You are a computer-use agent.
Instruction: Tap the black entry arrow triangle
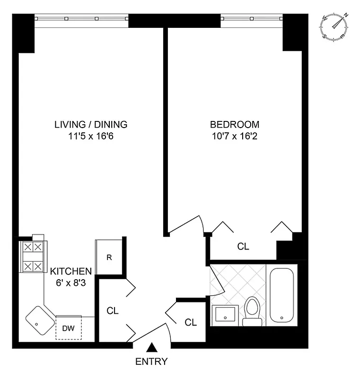[x=151, y=348]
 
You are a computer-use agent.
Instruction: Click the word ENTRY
[x=151, y=362]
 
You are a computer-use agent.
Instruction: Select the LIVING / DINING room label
[x=91, y=125]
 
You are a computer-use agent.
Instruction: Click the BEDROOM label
[x=235, y=125]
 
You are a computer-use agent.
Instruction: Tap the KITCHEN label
[x=71, y=271]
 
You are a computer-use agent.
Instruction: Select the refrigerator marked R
[x=109, y=258]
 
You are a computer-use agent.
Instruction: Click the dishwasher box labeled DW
[x=69, y=327]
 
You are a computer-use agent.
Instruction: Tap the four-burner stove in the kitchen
[x=31, y=257]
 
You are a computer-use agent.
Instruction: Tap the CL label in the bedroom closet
[x=243, y=246]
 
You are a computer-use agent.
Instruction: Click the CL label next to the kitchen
[x=112, y=311]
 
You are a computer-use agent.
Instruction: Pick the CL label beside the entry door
[x=191, y=322]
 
